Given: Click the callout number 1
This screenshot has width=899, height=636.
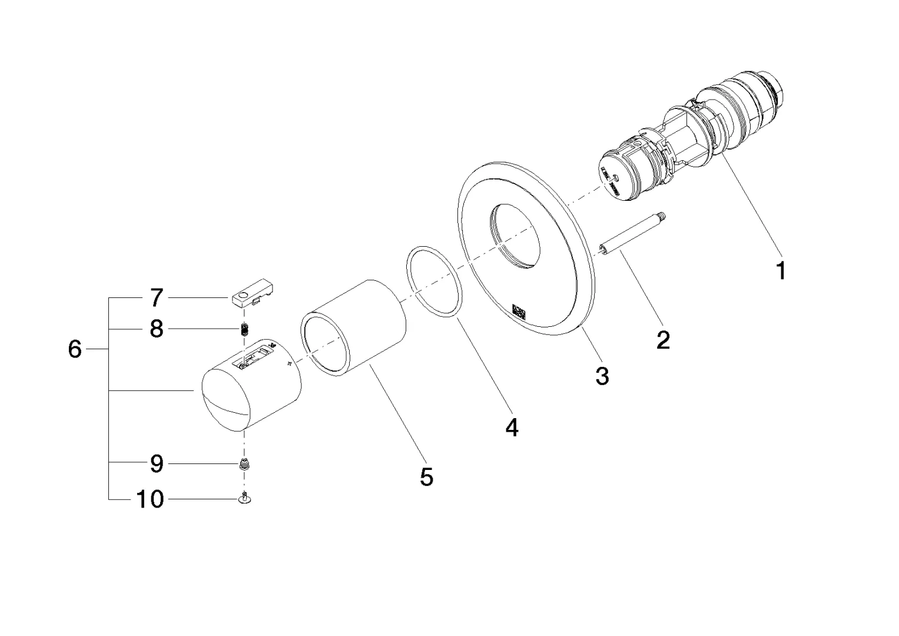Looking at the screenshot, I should pyautogui.click(x=781, y=271).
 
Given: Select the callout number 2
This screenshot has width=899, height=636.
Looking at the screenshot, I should pyautogui.click(x=663, y=340).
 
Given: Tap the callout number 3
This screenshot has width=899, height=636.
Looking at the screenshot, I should pyautogui.click(x=602, y=376).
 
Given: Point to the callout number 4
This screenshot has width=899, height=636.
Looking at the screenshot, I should pyautogui.click(x=512, y=427).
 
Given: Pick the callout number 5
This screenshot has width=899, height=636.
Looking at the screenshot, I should pyautogui.click(x=426, y=476).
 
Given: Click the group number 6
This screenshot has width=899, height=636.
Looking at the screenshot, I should pyautogui.click(x=75, y=349).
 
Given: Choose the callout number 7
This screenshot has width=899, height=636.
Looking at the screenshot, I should pyautogui.click(x=155, y=298).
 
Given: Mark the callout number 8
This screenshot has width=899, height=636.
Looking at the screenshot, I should pyautogui.click(x=156, y=329).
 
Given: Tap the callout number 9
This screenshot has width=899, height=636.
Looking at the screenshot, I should pyautogui.click(x=156, y=464).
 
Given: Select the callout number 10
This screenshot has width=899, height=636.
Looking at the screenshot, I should pyautogui.click(x=150, y=499).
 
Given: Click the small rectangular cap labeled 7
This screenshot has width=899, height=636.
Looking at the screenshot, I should pyautogui.click(x=254, y=297).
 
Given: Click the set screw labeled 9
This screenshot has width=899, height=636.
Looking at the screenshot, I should pyautogui.click(x=243, y=464).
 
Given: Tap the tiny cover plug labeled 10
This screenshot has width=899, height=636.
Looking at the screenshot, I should pyautogui.click(x=244, y=499).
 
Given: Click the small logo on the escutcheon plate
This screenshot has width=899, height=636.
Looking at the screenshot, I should pyautogui.click(x=517, y=311).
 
